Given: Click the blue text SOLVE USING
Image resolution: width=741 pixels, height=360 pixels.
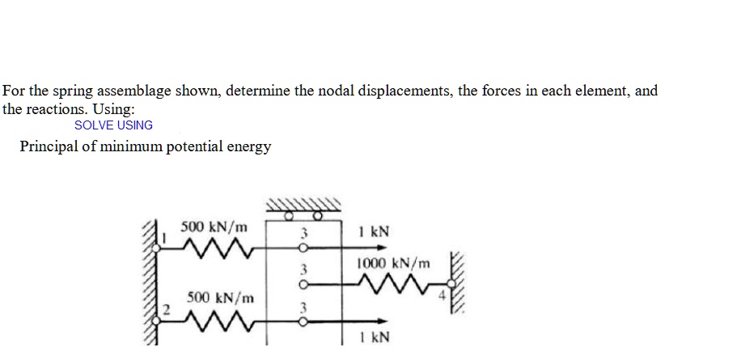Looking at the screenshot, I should tap(113, 125).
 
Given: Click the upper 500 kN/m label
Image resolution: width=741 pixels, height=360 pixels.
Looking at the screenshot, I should tap(214, 226).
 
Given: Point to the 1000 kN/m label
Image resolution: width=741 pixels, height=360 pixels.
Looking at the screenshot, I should tap(394, 263).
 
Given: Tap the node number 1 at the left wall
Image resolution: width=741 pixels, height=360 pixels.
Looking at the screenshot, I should tap(163, 239).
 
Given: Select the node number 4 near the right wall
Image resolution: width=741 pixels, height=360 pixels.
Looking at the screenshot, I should tap(442, 294).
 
